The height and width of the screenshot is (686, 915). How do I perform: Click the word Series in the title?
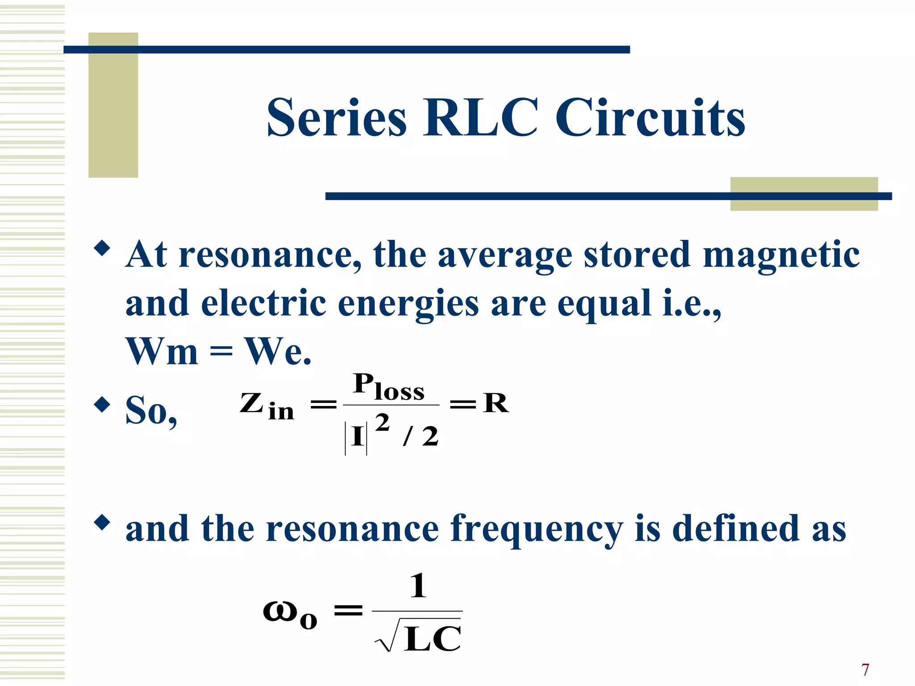[336, 118]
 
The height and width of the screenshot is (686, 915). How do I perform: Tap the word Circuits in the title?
[650, 118]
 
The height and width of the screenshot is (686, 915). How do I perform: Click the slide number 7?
[865, 670]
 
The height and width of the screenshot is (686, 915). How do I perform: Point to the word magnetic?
[781, 255]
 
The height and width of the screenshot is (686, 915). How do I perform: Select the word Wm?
[162, 351]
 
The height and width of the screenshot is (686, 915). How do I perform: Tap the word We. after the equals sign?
[278, 351]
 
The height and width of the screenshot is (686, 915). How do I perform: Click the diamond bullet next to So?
[102, 405]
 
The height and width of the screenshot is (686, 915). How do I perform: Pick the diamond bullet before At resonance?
[102, 248]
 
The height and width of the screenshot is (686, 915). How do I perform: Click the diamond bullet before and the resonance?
[102, 522]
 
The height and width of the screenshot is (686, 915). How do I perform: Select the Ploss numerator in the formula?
[389, 386]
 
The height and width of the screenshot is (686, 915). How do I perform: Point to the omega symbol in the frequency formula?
[280, 611]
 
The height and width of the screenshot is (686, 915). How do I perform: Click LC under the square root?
[432, 639]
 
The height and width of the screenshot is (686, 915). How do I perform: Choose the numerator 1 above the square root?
[418, 586]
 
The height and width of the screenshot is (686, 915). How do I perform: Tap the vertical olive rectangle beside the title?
[113, 105]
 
